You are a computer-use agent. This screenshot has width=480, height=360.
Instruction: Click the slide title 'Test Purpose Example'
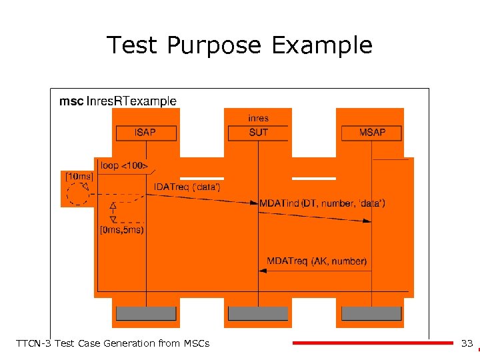coord(239,45)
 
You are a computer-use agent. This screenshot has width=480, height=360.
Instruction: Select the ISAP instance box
coord(146,133)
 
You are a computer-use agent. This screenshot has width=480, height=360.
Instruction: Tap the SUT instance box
coord(258,133)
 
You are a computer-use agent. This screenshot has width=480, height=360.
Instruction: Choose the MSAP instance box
coord(372,133)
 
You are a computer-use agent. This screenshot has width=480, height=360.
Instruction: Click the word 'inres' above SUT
coord(258,118)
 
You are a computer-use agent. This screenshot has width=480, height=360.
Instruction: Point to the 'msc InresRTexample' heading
coord(118,101)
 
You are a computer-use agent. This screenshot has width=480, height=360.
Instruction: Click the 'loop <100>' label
coord(124,165)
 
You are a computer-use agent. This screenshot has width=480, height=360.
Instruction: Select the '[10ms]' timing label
coord(78,176)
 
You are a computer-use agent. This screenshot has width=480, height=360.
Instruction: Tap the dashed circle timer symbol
coord(78,193)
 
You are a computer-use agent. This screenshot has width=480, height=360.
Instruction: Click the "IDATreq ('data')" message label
coord(187,187)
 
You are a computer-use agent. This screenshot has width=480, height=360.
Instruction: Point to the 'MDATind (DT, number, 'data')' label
coord(322,203)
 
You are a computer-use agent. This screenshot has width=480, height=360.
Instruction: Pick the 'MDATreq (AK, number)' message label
coord(317,261)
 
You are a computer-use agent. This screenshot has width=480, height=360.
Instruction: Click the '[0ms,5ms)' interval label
coord(121,231)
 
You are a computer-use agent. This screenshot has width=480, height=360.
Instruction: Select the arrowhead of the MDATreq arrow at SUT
coord(263,271)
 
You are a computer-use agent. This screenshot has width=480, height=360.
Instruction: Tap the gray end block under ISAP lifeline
coord(146,313)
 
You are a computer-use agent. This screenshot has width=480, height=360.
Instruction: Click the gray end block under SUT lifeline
coord(258,313)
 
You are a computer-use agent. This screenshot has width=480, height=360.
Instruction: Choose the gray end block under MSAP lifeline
coord(372,313)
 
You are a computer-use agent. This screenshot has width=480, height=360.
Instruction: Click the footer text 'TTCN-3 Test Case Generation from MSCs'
coord(112,343)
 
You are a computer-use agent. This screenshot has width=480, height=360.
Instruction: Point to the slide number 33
coord(467,343)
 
